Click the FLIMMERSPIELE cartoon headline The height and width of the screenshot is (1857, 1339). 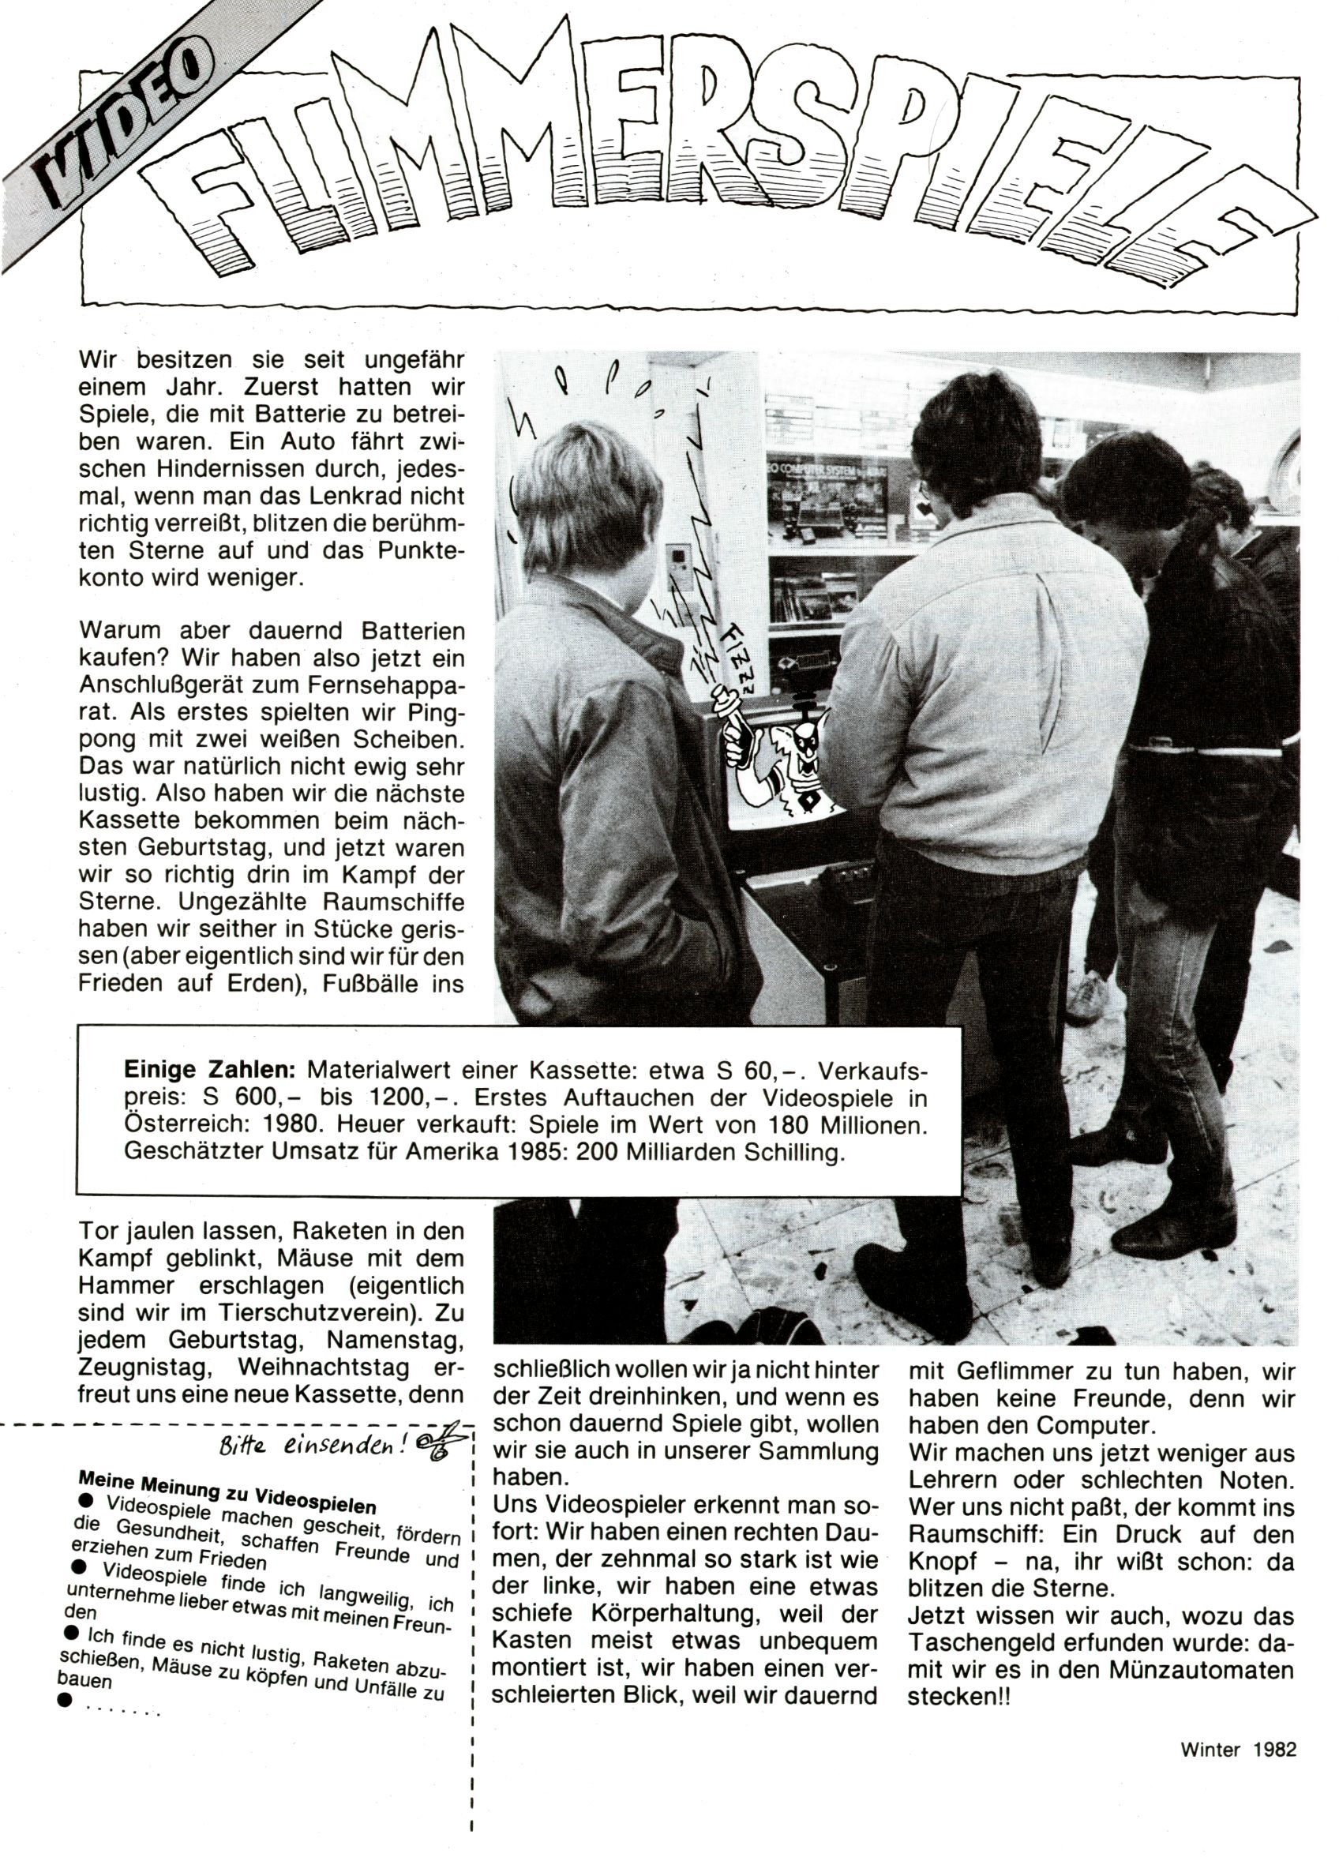(x=696, y=163)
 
